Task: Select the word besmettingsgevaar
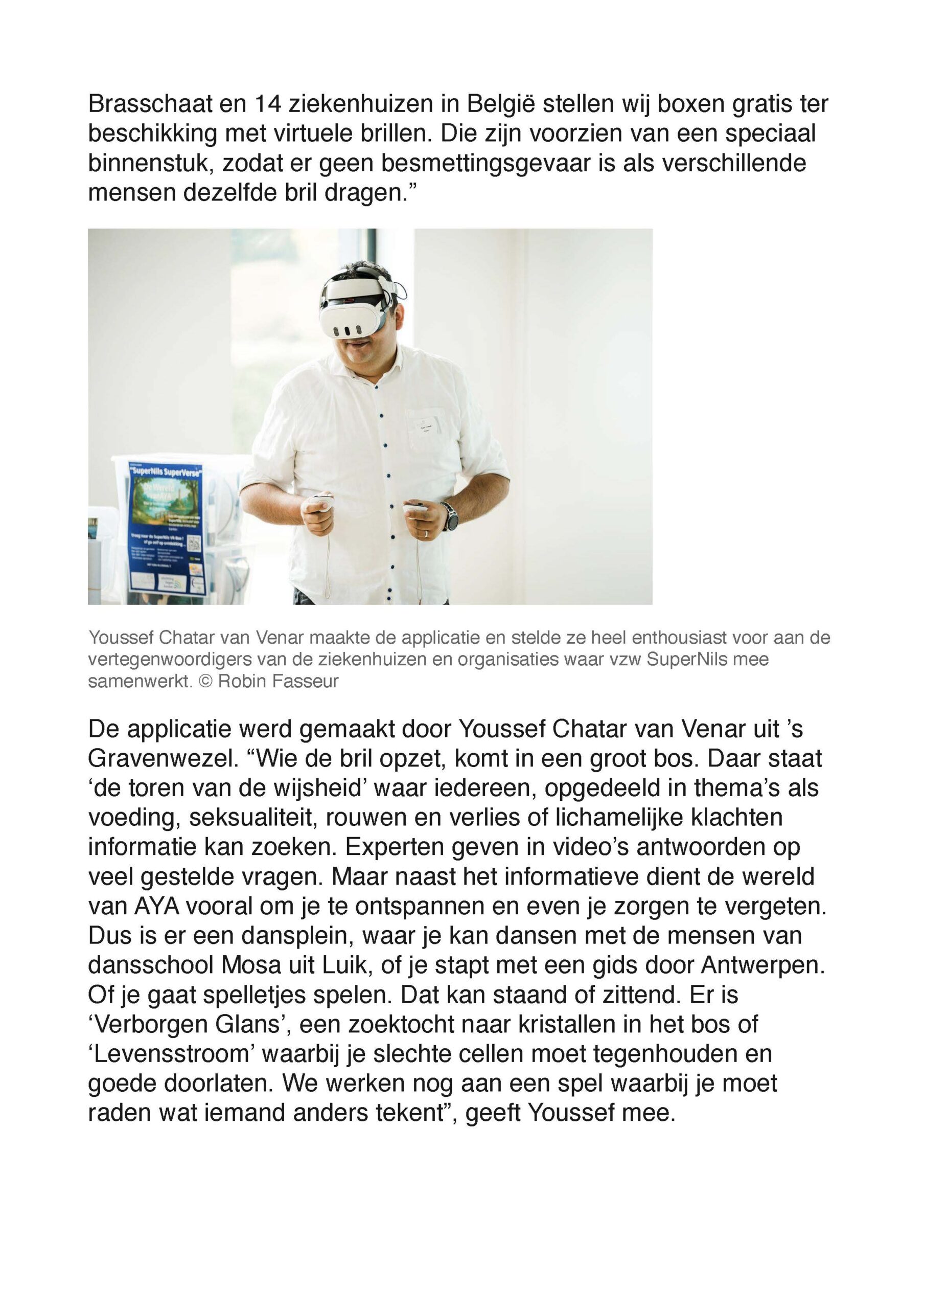tap(485, 163)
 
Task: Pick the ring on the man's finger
tap(426, 534)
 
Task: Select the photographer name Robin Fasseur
tap(278, 681)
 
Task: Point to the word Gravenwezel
tap(163, 759)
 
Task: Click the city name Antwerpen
tap(762, 965)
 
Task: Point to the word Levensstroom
tap(171, 1054)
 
